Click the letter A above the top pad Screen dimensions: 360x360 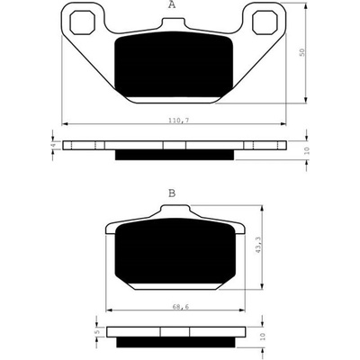(172, 5)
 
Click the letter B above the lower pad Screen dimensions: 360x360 (172, 193)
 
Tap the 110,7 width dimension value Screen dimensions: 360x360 (178, 121)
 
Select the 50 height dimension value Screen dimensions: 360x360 (302, 52)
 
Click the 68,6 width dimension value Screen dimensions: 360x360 (181, 307)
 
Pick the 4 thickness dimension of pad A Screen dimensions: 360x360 (53, 145)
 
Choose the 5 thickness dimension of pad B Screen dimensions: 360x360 (96, 332)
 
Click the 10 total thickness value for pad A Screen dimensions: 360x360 (307, 150)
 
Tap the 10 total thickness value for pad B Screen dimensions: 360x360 (263, 337)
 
